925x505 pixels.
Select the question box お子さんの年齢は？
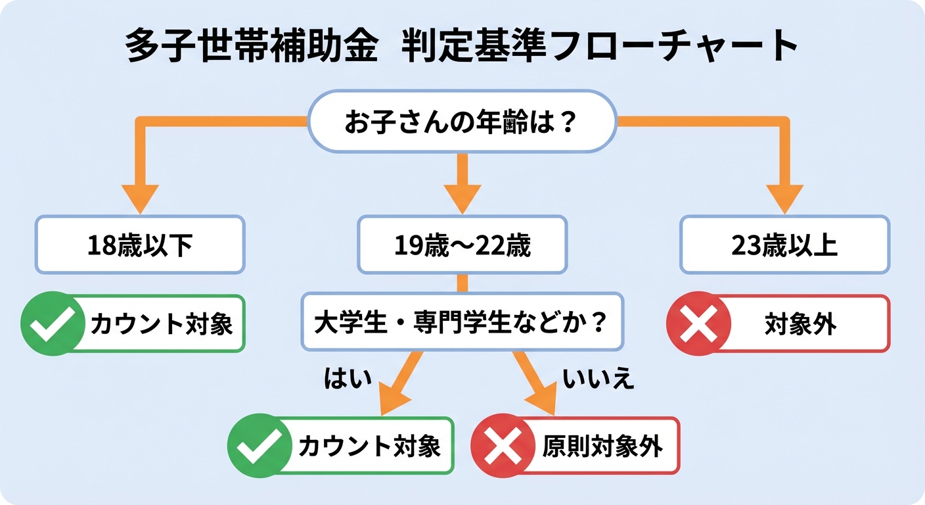(x=462, y=122)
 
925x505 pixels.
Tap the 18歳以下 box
(x=140, y=245)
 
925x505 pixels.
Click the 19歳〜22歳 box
(x=462, y=245)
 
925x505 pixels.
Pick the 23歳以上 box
(x=784, y=245)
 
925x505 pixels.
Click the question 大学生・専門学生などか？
(x=462, y=323)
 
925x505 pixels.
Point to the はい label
(x=348, y=379)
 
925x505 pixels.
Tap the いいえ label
(x=598, y=379)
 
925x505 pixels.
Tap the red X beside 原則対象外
(x=503, y=446)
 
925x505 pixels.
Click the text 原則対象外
(x=602, y=446)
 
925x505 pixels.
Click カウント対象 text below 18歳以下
(x=162, y=324)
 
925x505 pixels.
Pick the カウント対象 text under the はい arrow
(x=369, y=446)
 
